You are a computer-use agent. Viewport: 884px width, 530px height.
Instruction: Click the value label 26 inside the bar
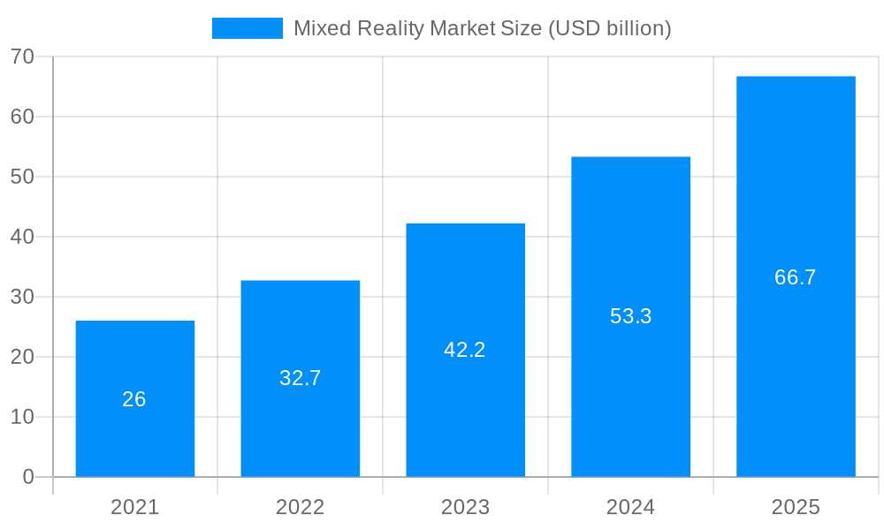point(134,399)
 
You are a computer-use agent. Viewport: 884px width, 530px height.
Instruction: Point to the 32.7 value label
point(301,378)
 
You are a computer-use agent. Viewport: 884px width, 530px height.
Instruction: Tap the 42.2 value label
point(465,350)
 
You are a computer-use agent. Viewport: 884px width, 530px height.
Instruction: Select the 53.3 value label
point(630,316)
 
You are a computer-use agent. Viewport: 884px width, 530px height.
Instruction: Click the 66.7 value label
point(796,277)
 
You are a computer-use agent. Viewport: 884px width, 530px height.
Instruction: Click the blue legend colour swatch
point(248,28)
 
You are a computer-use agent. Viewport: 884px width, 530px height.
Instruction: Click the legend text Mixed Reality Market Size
point(482,28)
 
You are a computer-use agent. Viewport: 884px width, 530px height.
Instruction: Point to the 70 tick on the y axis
point(23,57)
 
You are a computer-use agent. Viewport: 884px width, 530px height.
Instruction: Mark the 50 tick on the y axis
point(23,177)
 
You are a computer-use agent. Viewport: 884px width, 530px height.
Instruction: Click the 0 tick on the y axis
point(28,477)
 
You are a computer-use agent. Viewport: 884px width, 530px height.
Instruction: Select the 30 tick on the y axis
point(23,297)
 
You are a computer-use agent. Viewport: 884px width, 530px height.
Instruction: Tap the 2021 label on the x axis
point(135,507)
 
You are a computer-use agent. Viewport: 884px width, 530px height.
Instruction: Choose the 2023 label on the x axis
point(466,507)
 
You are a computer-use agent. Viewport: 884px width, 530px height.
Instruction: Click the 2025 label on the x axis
point(796,507)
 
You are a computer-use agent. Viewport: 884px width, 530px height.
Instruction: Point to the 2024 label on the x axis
point(630,507)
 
